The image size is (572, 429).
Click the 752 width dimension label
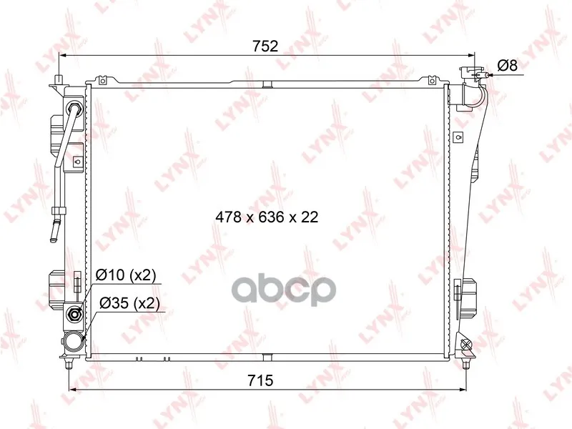click(265, 46)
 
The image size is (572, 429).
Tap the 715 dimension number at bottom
click(260, 380)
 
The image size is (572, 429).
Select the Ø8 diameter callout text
click(508, 66)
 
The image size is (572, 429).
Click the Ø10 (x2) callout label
click(126, 275)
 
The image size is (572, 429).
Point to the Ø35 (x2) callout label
click(129, 303)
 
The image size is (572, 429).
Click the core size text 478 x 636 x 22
click(267, 217)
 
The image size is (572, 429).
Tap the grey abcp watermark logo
click(283, 290)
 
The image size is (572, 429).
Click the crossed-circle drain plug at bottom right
click(465, 344)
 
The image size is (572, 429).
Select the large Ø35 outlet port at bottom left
click(73, 342)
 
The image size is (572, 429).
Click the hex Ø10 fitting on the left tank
click(75, 314)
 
